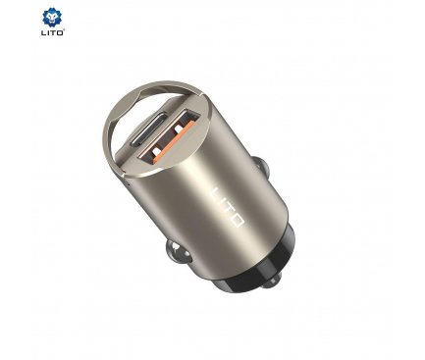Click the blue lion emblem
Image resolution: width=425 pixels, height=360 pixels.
coord(52,18)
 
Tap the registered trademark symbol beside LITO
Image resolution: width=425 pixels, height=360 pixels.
coord(64,30)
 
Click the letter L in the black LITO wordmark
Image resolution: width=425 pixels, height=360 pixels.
coord(43,32)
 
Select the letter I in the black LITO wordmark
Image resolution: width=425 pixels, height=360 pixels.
coord(48,32)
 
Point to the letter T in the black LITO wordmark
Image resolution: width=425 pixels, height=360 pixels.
coord(53,32)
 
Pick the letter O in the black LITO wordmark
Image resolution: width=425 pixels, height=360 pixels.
coord(60,32)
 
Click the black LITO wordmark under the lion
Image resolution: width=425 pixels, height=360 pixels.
coord(52,32)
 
